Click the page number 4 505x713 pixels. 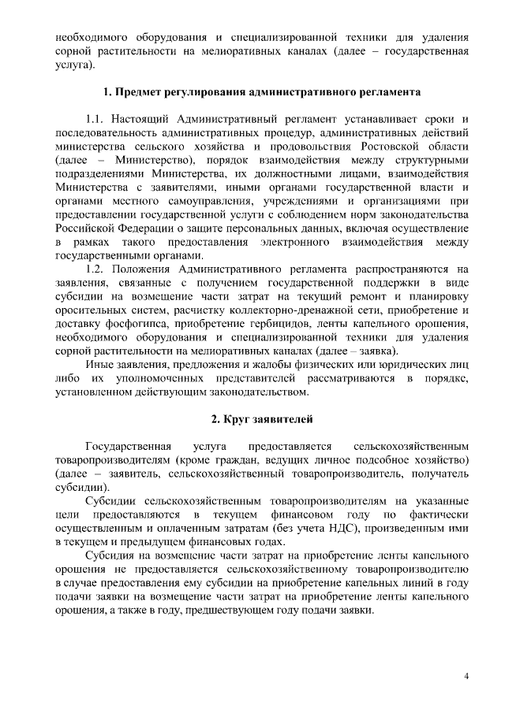466,676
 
